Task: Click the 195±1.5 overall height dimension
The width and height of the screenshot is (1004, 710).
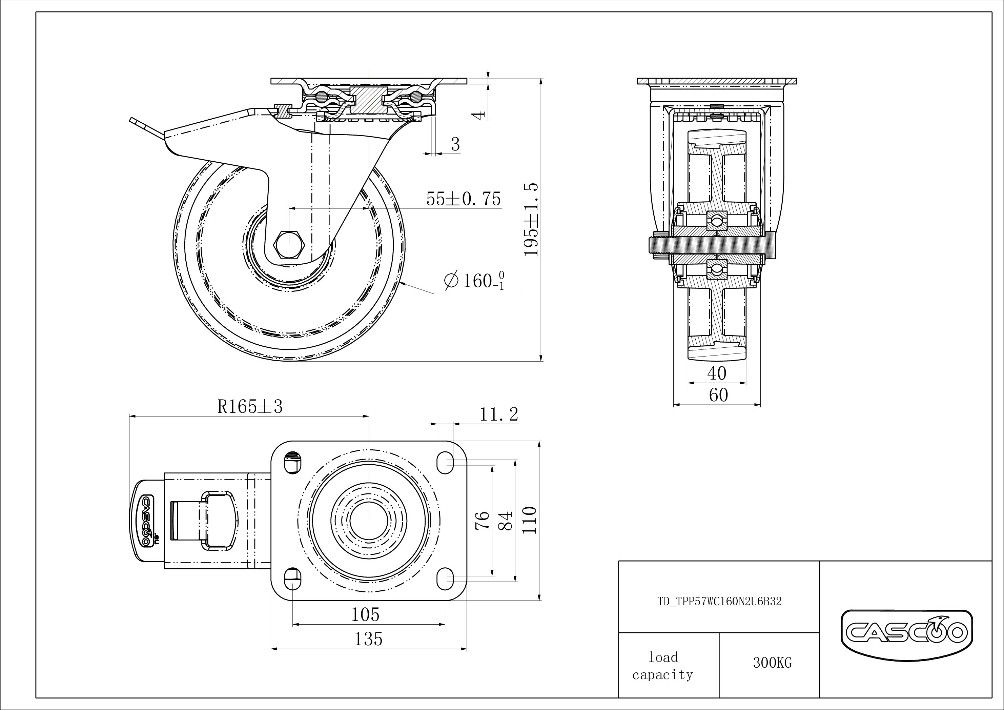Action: [531, 220]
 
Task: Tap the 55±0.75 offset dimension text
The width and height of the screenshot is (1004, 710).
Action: [463, 199]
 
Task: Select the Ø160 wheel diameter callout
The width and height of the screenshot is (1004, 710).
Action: [474, 280]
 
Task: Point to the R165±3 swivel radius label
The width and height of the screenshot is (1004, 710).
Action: [250, 407]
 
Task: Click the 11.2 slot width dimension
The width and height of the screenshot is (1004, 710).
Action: [498, 414]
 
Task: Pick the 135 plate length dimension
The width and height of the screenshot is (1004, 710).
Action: [368, 639]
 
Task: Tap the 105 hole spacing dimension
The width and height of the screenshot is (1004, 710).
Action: [366, 615]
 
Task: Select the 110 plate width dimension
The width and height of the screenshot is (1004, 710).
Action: [530, 520]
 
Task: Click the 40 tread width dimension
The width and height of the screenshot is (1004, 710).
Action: [716, 373]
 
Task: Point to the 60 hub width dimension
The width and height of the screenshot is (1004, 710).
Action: [718, 395]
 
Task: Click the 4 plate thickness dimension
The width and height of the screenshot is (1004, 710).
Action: [480, 115]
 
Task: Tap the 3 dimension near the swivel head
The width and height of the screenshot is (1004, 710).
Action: [455, 144]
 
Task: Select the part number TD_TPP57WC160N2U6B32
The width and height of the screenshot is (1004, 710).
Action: [719, 602]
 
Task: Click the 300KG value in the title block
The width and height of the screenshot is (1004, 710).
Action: [772, 663]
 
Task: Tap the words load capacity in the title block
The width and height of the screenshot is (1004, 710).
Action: [662, 666]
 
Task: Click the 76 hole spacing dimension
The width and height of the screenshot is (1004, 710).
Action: [482, 521]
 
